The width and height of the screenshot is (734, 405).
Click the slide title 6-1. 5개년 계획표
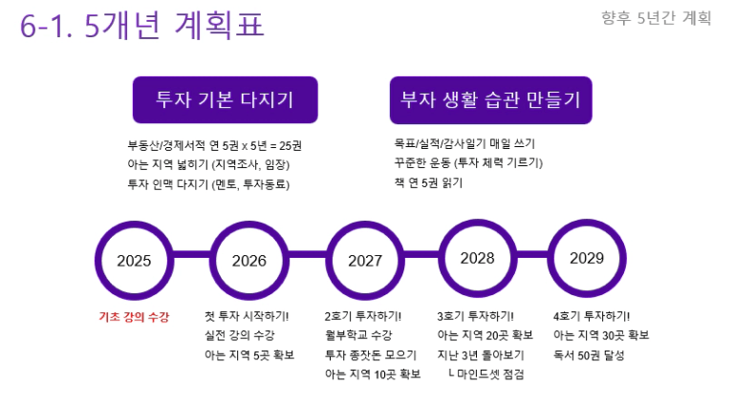pos(142,25)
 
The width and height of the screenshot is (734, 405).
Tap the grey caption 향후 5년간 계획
pos(657,18)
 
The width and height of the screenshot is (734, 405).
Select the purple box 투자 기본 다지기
pos(226,100)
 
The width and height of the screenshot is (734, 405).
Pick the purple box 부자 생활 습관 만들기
pos(490,100)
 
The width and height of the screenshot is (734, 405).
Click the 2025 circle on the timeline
pos(97,261)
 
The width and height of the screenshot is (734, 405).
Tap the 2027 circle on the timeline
pos(328,261)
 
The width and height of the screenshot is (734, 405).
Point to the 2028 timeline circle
pos(441,258)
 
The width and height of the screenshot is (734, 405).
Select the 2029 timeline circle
pos(550,258)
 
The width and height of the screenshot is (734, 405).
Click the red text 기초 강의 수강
pos(134,317)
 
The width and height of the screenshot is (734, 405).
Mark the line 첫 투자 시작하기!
pos(247,316)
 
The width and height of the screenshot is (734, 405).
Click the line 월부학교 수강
pos(358,335)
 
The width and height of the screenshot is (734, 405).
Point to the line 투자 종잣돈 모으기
pos(371,355)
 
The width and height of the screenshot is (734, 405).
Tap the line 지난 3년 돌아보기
pos(481,355)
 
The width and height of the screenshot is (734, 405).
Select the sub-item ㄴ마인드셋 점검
pos(486,374)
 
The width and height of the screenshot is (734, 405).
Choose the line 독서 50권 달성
pos(589,355)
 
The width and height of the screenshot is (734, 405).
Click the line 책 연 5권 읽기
pos(428,182)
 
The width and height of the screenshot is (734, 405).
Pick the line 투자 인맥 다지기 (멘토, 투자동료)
pos(208,184)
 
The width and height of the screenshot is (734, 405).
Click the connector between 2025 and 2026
pos(191,255)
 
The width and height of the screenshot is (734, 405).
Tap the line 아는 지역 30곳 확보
pos(601,335)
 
